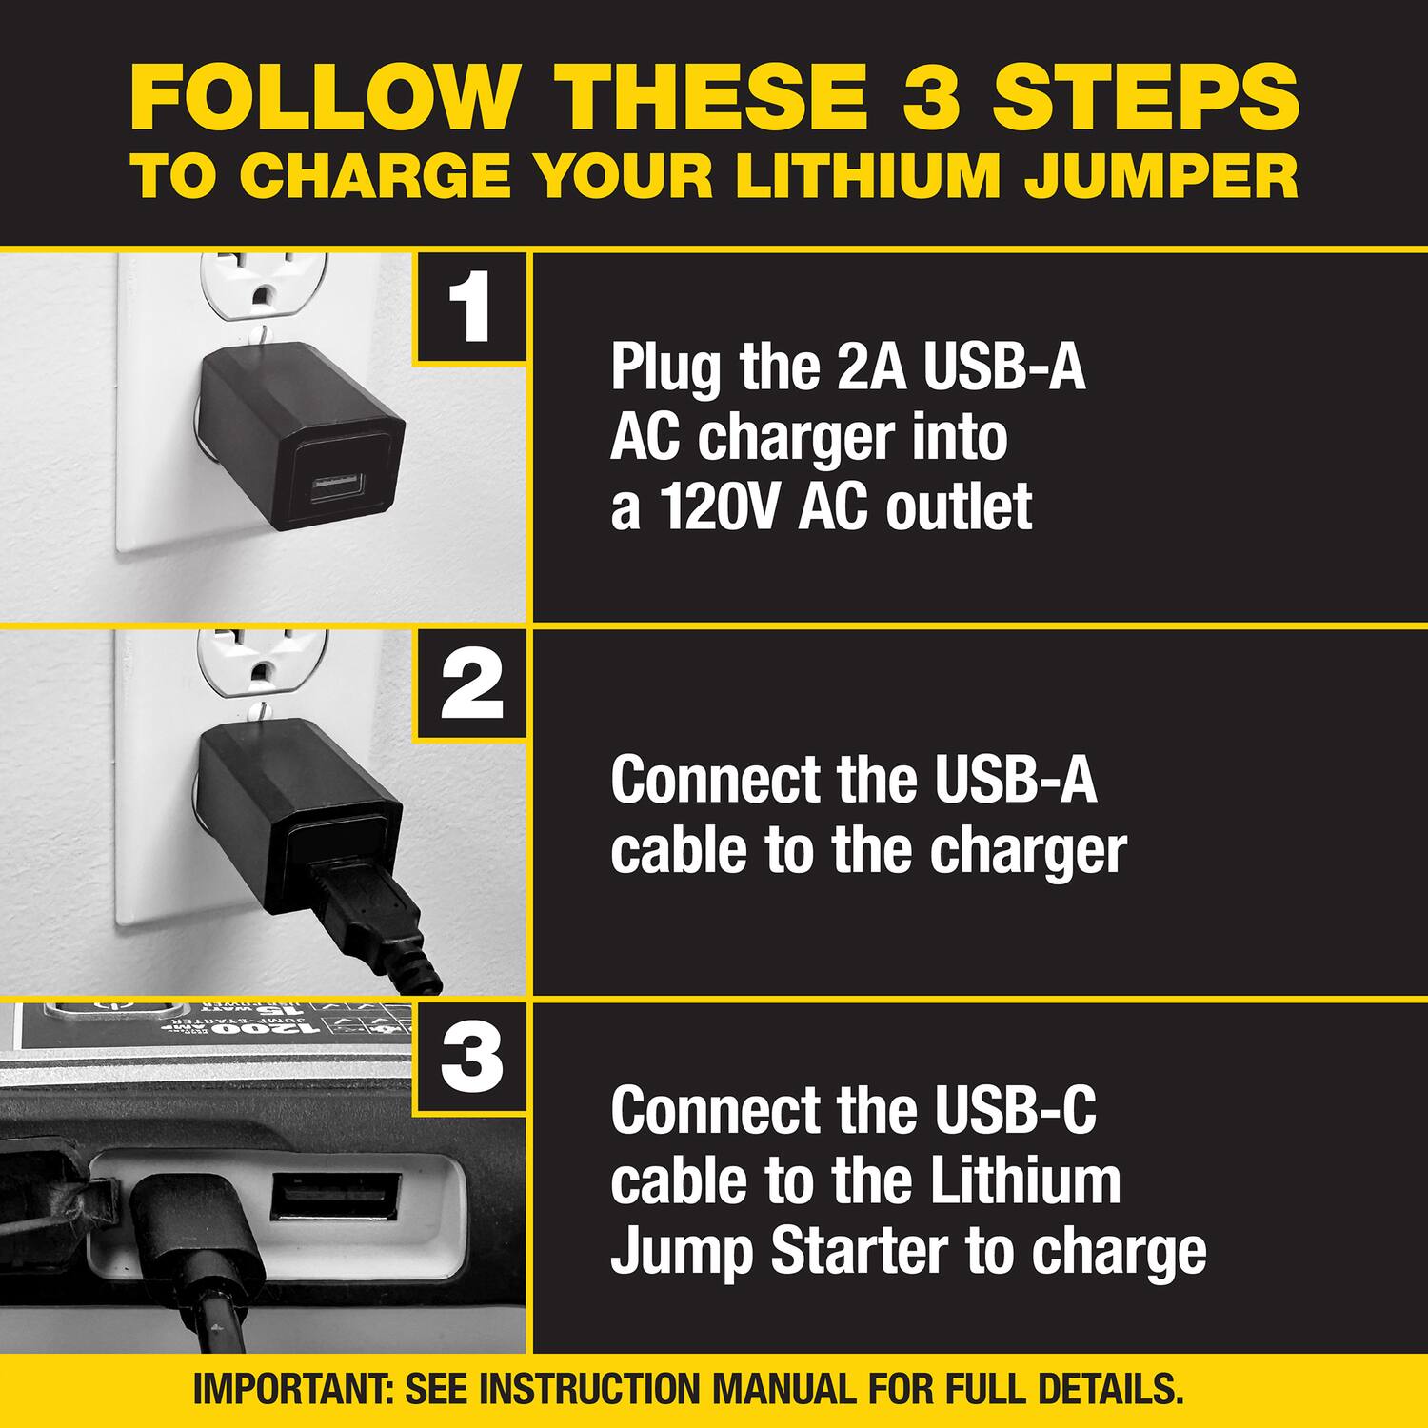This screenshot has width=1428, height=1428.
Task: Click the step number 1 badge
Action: (470, 307)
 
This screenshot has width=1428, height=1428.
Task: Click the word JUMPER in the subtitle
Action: (1161, 177)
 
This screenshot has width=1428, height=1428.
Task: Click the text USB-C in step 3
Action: (1015, 1111)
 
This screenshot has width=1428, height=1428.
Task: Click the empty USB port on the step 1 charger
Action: (335, 488)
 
